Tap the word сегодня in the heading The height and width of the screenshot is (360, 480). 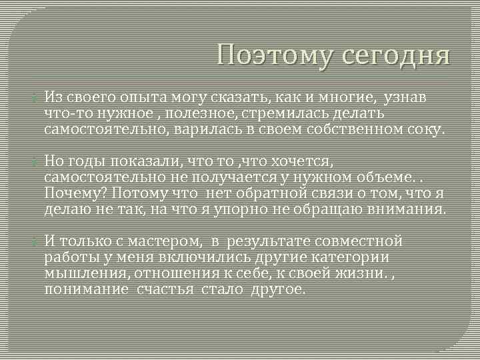(396, 55)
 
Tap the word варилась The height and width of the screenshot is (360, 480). (204, 129)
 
